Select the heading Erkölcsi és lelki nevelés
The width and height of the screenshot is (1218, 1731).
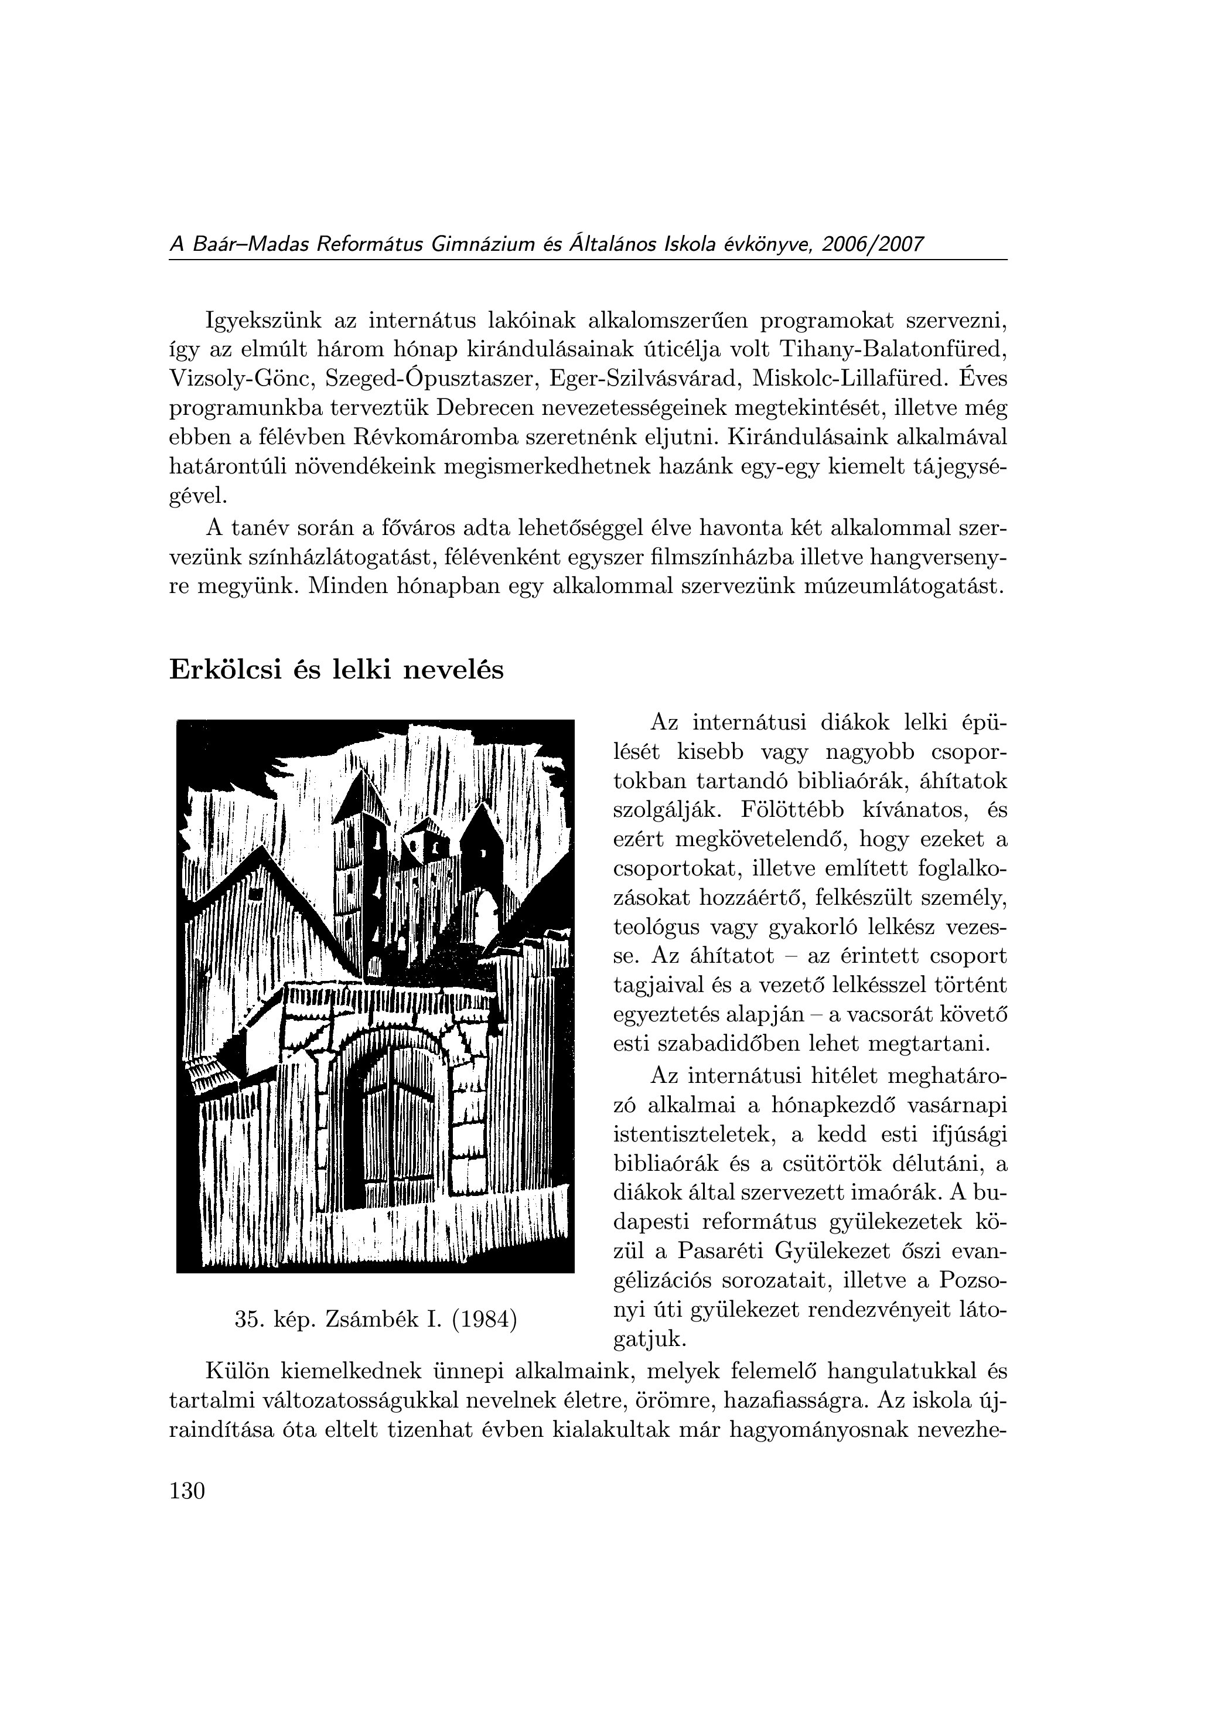click(336, 669)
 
